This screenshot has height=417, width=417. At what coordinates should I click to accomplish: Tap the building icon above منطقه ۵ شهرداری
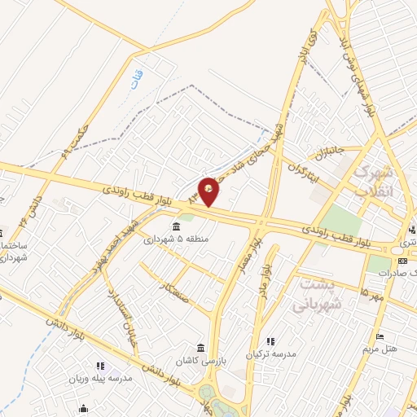click(x=176, y=226)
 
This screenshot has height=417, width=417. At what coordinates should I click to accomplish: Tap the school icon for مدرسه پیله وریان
click(x=100, y=367)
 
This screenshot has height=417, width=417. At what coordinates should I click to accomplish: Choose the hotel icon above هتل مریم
click(x=379, y=336)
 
